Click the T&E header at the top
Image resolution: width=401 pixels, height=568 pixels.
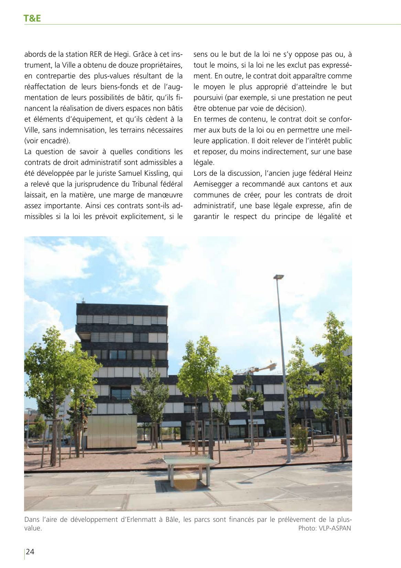click(x=32, y=18)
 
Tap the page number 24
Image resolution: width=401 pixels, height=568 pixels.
click(x=30, y=552)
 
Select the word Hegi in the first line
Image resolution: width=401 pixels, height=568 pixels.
click(x=122, y=54)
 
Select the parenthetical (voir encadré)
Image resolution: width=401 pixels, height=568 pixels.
click(x=47, y=141)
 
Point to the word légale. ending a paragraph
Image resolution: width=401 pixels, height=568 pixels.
click(x=204, y=162)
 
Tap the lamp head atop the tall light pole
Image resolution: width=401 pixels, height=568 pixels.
click(x=279, y=276)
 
